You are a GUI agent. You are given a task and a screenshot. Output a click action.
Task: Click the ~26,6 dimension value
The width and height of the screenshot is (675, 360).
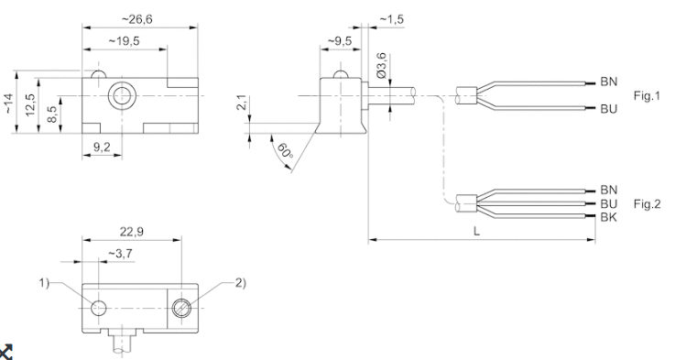coord(137,19)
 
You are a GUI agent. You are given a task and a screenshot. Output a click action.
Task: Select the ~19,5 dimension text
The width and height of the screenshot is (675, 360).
coord(124,41)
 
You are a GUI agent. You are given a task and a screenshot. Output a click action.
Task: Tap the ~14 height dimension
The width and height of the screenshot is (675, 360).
coord(9,104)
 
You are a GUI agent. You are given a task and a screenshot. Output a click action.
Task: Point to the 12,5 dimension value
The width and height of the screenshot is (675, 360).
coord(29,104)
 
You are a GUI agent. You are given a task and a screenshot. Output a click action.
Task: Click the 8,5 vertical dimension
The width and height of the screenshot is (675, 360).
coord(52,114)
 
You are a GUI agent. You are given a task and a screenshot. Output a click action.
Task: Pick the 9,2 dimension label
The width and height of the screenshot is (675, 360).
coord(102,147)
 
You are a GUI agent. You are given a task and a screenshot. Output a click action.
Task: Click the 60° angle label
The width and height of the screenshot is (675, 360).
coord(285,151)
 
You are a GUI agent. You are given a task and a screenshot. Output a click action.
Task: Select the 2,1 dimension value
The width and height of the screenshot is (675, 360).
coord(242,103)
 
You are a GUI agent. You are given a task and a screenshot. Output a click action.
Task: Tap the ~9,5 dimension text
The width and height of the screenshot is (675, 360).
coord(340,41)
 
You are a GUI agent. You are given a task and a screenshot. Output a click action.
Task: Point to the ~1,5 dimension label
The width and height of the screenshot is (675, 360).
coord(391,19)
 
